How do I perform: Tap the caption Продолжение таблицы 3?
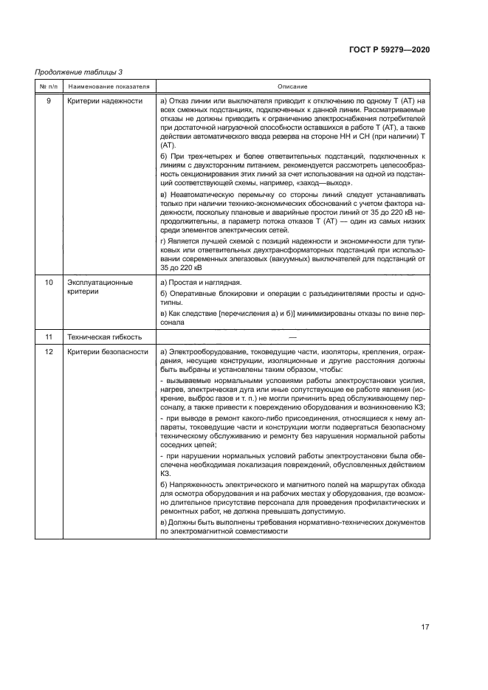coord(79,72)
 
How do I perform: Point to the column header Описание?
coord(292,86)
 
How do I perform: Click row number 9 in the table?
coord(49,100)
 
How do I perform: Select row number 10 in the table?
coord(49,283)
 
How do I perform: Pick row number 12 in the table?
coord(49,352)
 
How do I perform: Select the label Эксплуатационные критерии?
coord(100,288)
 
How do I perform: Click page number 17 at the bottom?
coord(425,627)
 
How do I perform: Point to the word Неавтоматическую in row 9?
coord(202,194)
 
